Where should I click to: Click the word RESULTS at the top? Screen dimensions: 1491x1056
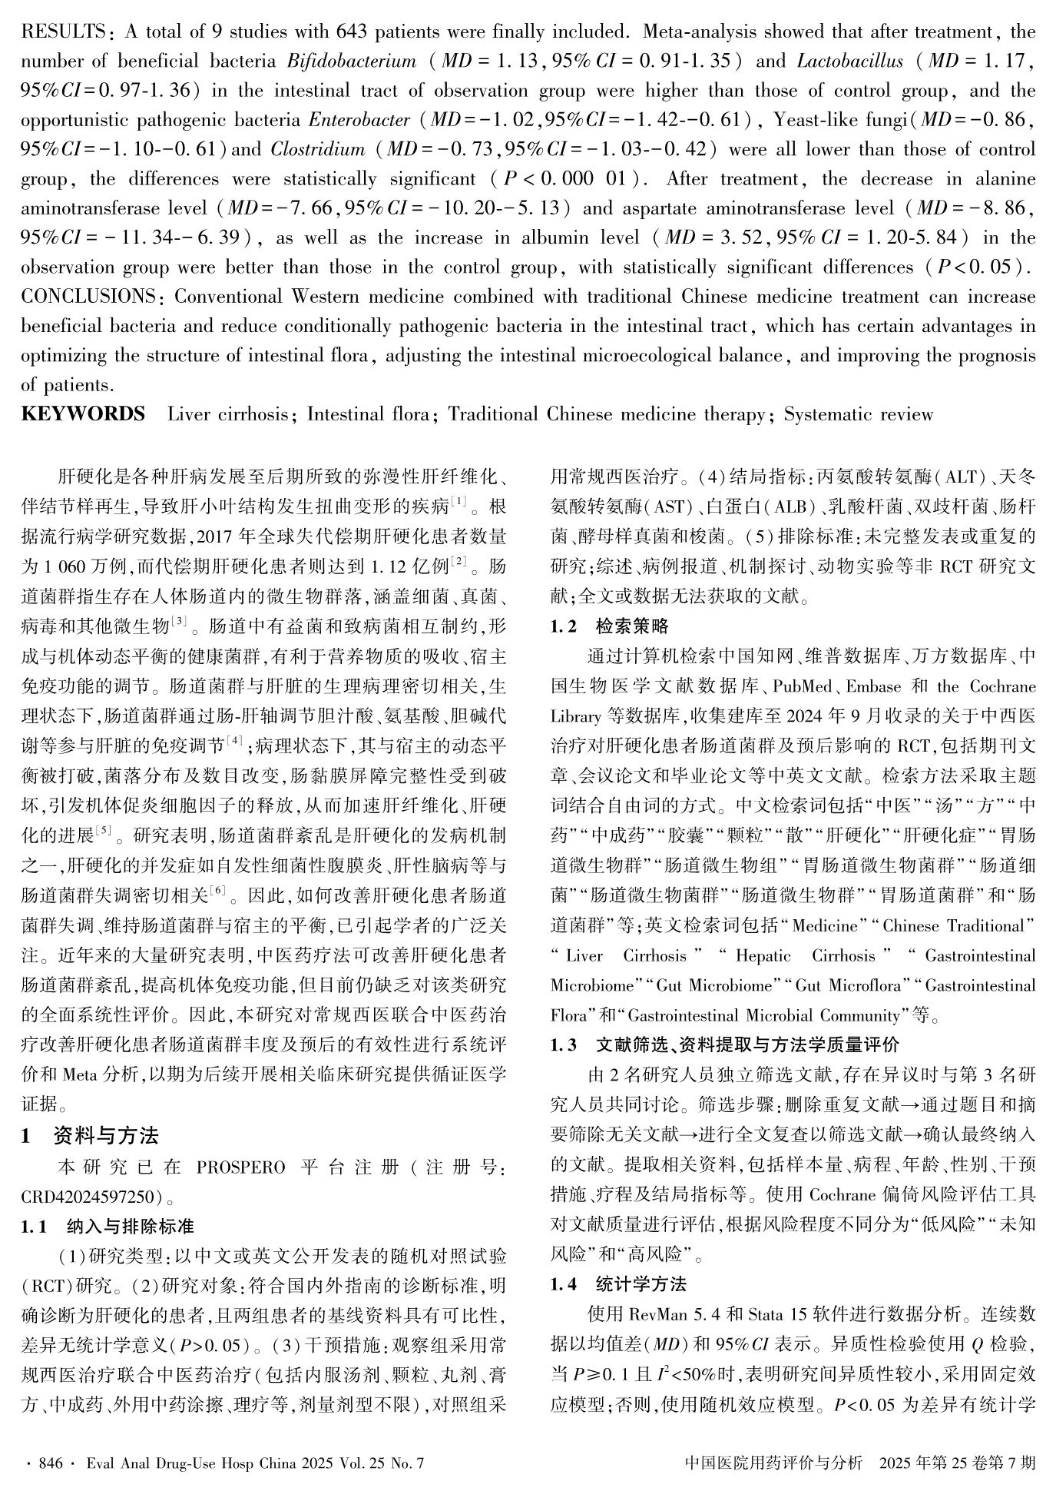[62, 32]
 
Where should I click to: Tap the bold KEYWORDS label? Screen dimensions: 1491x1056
[83, 415]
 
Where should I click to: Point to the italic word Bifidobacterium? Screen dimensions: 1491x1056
[351, 61]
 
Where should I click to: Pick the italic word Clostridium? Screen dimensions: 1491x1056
[318, 149]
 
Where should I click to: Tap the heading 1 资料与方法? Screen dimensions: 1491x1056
[90, 1135]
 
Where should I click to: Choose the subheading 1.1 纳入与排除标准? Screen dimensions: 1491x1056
[108, 1226]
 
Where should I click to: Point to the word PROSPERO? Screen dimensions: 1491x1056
[240, 1167]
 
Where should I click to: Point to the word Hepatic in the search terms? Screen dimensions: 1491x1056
[763, 956]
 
